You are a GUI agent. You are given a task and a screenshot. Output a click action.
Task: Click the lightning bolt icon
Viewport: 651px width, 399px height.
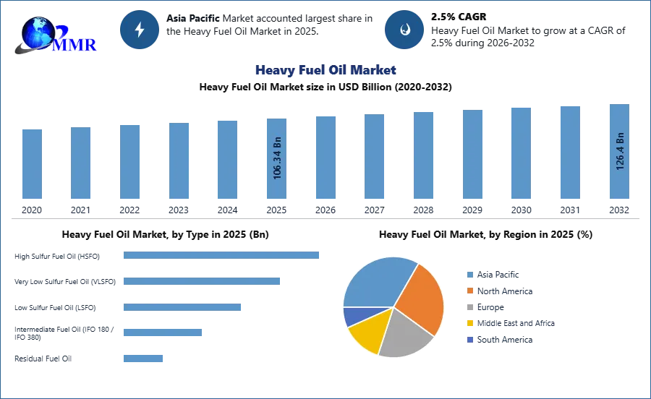[140, 30]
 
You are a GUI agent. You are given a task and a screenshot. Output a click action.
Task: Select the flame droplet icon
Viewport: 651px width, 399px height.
[404, 30]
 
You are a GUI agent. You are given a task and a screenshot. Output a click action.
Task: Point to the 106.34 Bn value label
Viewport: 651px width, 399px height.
[278, 158]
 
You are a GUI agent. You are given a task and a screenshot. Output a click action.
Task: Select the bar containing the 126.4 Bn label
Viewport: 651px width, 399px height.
[619, 153]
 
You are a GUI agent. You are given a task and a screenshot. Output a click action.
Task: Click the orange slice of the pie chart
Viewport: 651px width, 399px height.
[417, 296]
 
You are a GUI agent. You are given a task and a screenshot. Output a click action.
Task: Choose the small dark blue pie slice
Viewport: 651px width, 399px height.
[351, 315]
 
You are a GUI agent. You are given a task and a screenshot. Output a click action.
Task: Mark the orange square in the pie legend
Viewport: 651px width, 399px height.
[469, 291]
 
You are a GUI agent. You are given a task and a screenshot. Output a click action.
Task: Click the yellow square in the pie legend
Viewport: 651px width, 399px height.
[469, 324]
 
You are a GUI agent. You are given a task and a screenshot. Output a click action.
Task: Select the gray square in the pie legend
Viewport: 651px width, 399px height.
[469, 307]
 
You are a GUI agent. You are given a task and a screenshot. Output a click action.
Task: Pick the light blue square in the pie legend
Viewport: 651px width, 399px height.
[469, 274]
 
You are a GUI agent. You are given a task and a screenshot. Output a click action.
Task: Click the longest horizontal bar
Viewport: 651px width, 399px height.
[222, 254]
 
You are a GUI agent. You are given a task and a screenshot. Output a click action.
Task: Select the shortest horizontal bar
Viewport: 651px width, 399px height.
[144, 358]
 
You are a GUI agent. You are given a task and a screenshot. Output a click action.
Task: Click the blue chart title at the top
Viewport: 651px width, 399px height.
[325, 71]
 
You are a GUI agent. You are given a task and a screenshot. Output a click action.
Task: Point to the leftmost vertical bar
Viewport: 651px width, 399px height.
[32, 165]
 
